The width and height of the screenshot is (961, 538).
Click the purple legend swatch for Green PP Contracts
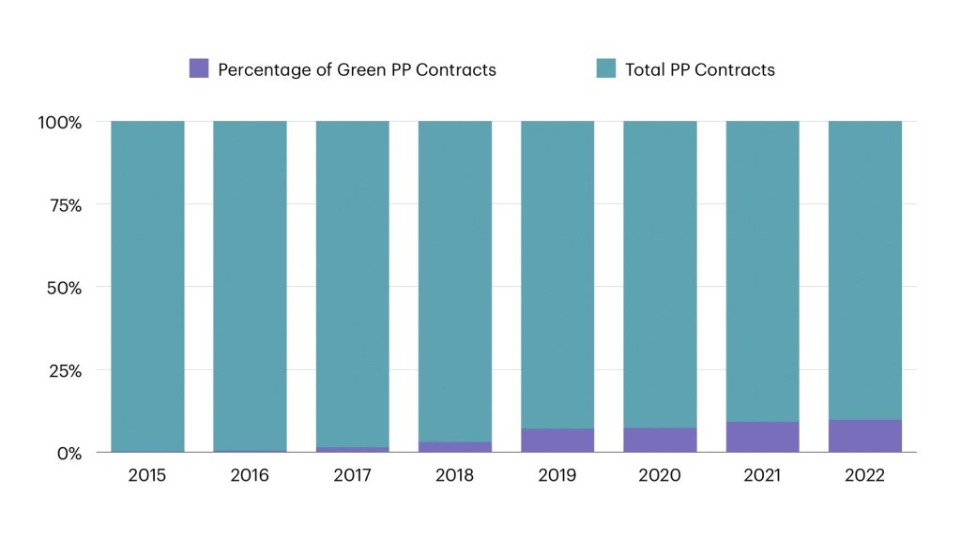(198, 68)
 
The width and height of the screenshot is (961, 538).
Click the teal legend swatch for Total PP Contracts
(606, 68)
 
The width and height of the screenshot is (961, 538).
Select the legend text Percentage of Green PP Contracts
(357, 69)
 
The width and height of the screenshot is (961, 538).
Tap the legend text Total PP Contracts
(700, 69)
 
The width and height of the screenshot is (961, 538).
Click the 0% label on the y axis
(69, 453)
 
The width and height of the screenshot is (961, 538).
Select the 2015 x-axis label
(147, 476)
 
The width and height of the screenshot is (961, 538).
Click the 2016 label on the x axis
(250, 476)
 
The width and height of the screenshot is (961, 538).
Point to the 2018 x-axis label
(455, 476)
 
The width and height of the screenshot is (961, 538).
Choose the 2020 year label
(660, 476)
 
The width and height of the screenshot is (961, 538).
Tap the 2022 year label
(864, 476)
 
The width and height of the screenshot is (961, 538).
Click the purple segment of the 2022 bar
(864, 437)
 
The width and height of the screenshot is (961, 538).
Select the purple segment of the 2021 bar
(762, 438)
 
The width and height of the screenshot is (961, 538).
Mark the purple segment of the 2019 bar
(557, 441)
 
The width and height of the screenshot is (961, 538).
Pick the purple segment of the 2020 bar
(660, 441)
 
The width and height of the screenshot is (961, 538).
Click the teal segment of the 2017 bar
(353, 281)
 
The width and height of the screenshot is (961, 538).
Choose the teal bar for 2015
(147, 281)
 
